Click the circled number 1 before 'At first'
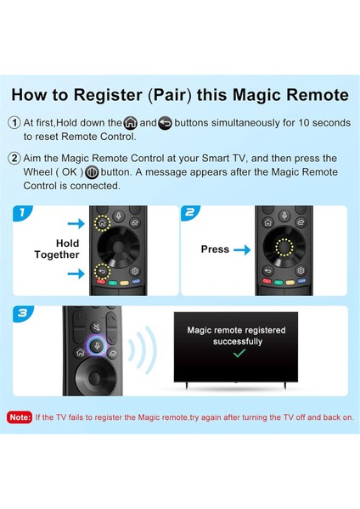tap(14, 123)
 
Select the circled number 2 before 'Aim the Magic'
tap(14, 158)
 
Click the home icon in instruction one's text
tap(129, 123)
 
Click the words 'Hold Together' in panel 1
tap(57, 249)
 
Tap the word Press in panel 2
tap(215, 249)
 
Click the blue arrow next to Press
tap(242, 249)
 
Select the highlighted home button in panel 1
tap(103, 225)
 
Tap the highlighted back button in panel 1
tap(103, 273)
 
